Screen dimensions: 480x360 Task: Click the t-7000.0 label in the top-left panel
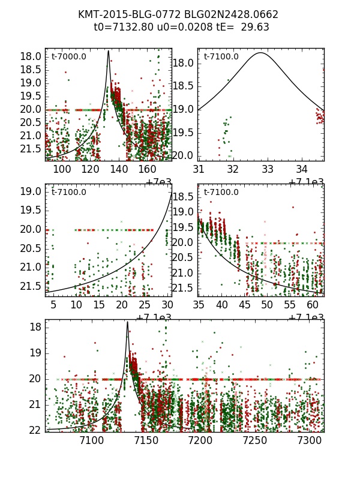pyautogui.click(x=68, y=56)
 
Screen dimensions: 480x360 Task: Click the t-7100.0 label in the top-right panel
pyautogui.click(x=221, y=56)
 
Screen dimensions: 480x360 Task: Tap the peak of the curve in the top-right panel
pyautogui.click(x=260, y=53)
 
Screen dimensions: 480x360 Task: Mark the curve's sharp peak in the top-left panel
pyautogui.click(x=109, y=51)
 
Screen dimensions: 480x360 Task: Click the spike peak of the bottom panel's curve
pyautogui.click(x=127, y=322)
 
